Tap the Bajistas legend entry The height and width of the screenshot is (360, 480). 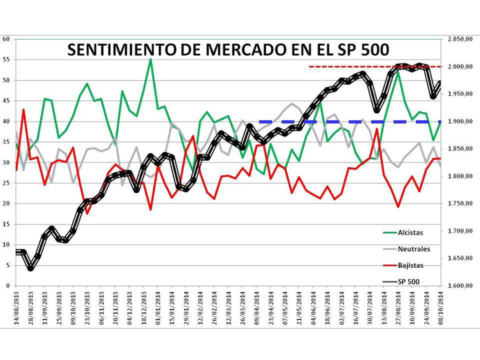pos(410,265)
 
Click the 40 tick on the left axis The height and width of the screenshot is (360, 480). pos(7,121)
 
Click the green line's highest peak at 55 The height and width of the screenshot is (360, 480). pos(150,59)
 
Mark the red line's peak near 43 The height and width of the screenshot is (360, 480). pos(23,109)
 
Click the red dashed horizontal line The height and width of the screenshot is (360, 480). pos(375,66)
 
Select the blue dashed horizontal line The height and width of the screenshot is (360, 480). pos(350,121)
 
